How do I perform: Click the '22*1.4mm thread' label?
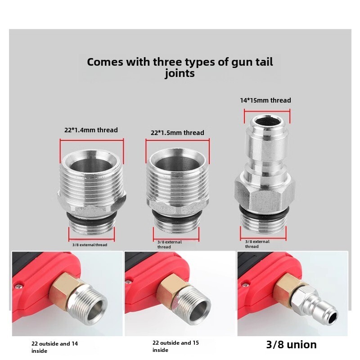click(91, 130)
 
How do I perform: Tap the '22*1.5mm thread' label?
click(177, 133)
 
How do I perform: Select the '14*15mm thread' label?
click(265, 100)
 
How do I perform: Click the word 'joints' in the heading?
click(180, 74)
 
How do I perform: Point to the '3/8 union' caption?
click(291, 344)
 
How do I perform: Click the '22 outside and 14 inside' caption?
click(54, 347)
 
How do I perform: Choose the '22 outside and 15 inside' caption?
click(175, 346)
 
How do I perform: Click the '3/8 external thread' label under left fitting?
click(90, 245)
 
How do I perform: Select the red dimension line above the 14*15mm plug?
click(267, 112)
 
